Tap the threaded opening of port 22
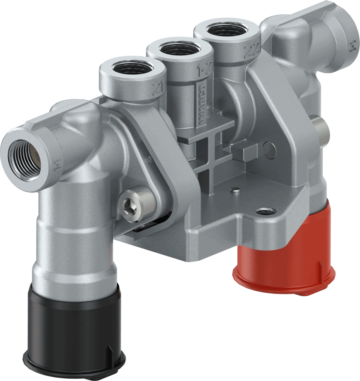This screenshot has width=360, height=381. click(x=227, y=30)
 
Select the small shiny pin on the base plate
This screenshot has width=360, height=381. click(x=235, y=190)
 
